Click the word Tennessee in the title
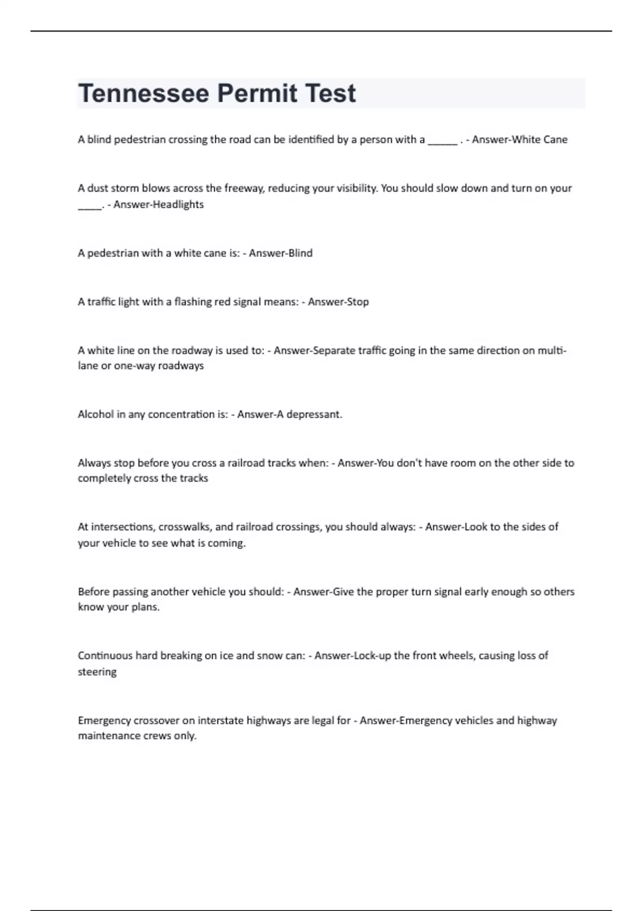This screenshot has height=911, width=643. coord(144,93)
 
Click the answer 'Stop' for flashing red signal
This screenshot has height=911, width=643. coord(357,302)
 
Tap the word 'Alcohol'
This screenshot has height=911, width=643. coord(94,415)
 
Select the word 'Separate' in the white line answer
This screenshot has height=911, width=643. coord(334,351)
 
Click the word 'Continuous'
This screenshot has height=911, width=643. coord(104,656)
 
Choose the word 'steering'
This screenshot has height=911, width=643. coord(97,672)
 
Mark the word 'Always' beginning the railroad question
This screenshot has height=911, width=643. coord(94,463)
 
